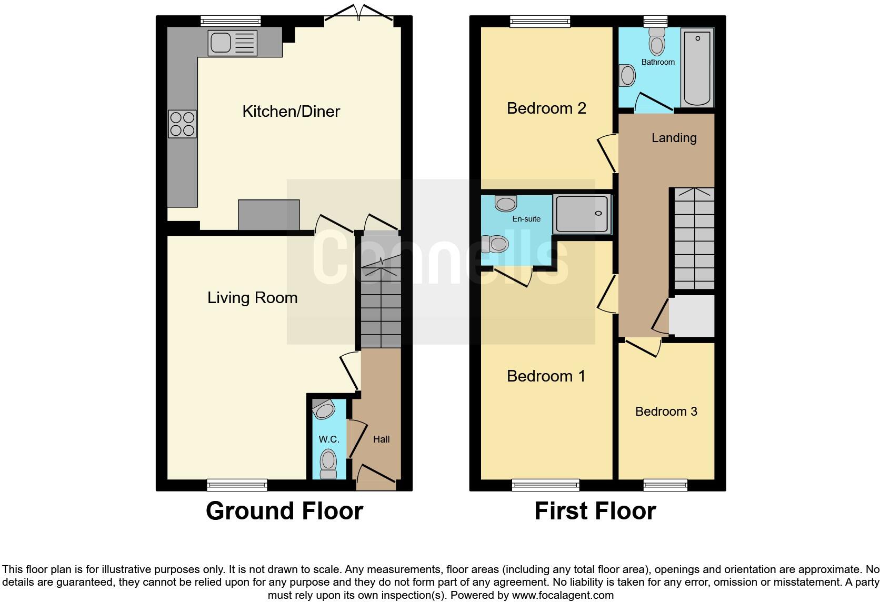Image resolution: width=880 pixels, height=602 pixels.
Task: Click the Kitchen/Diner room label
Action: (291, 112)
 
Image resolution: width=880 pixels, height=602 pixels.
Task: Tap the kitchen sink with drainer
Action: (233, 43)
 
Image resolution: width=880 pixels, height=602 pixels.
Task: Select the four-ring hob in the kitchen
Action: (182, 124)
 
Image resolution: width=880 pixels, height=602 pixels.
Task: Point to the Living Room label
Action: (252, 298)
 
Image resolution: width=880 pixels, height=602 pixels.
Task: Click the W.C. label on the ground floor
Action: (329, 439)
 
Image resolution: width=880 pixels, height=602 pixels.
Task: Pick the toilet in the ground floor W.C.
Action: (328, 463)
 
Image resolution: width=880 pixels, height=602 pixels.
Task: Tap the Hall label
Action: (381, 439)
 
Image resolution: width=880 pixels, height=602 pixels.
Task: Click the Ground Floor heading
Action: (284, 511)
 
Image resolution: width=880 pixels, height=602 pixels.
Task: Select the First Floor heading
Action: (595, 511)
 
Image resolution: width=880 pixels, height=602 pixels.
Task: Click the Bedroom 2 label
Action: (546, 108)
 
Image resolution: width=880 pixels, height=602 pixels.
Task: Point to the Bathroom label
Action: (658, 62)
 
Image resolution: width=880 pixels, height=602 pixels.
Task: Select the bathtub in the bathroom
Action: (697, 67)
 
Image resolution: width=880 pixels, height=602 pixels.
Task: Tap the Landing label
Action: (674, 138)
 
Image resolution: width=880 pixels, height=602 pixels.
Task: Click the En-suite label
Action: (526, 219)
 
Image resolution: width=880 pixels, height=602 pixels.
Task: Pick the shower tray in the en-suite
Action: (582, 214)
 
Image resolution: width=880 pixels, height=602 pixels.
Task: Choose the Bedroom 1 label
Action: (546, 376)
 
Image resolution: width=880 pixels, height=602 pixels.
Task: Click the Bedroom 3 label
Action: (666, 412)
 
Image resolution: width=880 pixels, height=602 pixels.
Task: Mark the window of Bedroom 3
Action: (665, 485)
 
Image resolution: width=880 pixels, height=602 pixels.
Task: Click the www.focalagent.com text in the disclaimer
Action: (563, 596)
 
